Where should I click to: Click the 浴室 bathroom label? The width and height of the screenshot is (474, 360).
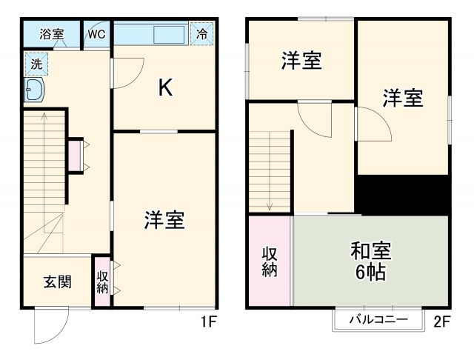[51, 34]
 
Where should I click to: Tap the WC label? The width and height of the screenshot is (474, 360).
[96, 34]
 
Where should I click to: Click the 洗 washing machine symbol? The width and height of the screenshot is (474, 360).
[35, 64]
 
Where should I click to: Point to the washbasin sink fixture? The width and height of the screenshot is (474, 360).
[35, 91]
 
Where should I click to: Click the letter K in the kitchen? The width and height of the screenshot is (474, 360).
[165, 88]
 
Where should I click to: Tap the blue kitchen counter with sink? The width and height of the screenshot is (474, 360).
[151, 34]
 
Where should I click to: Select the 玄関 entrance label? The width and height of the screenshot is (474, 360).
[56, 281]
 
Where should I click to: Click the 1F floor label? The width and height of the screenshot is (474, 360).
[209, 322]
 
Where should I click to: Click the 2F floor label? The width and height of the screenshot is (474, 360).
[442, 322]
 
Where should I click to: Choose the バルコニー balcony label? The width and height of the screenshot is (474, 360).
[378, 321]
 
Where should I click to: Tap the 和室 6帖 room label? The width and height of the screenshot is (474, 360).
[370, 261]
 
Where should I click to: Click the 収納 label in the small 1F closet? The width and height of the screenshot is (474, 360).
[102, 282]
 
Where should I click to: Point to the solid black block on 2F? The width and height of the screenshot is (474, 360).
[404, 194]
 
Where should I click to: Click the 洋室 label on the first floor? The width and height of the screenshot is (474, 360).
[164, 220]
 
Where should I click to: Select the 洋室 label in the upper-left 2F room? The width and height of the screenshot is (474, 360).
[301, 61]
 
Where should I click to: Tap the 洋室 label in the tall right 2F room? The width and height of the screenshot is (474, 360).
[403, 98]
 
